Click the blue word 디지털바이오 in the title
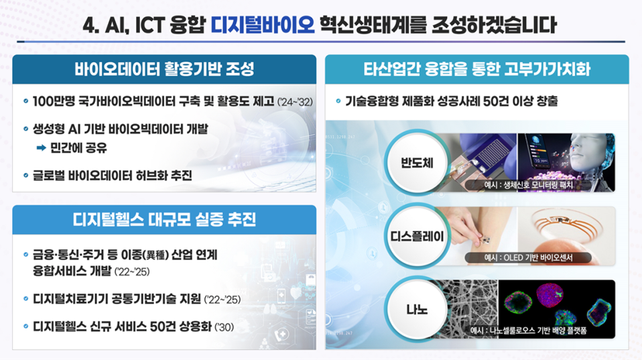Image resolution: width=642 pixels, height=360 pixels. point(263,25)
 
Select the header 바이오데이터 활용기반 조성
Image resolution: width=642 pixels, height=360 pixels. point(164,69)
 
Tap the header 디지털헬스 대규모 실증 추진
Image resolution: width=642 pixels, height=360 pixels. point(164,219)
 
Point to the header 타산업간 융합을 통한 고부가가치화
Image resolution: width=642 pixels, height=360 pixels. point(477,69)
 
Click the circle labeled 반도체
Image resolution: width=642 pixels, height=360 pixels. point(416,163)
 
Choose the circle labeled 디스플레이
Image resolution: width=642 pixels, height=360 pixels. point(416,237)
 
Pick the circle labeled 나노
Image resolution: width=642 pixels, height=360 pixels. point(416,309)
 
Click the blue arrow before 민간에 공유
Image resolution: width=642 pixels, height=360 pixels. point(41,148)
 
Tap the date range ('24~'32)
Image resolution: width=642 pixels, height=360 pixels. point(295,102)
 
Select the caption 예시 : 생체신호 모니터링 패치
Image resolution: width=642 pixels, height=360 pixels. point(528,185)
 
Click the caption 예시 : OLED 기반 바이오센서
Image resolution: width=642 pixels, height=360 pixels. point(528,257)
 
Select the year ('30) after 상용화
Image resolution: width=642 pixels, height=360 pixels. point(224,327)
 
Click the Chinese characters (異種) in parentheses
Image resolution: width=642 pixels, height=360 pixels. point(155,255)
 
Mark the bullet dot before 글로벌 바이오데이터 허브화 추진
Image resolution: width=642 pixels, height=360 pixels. point(25,175)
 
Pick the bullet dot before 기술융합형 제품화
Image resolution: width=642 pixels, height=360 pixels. point(338,101)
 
